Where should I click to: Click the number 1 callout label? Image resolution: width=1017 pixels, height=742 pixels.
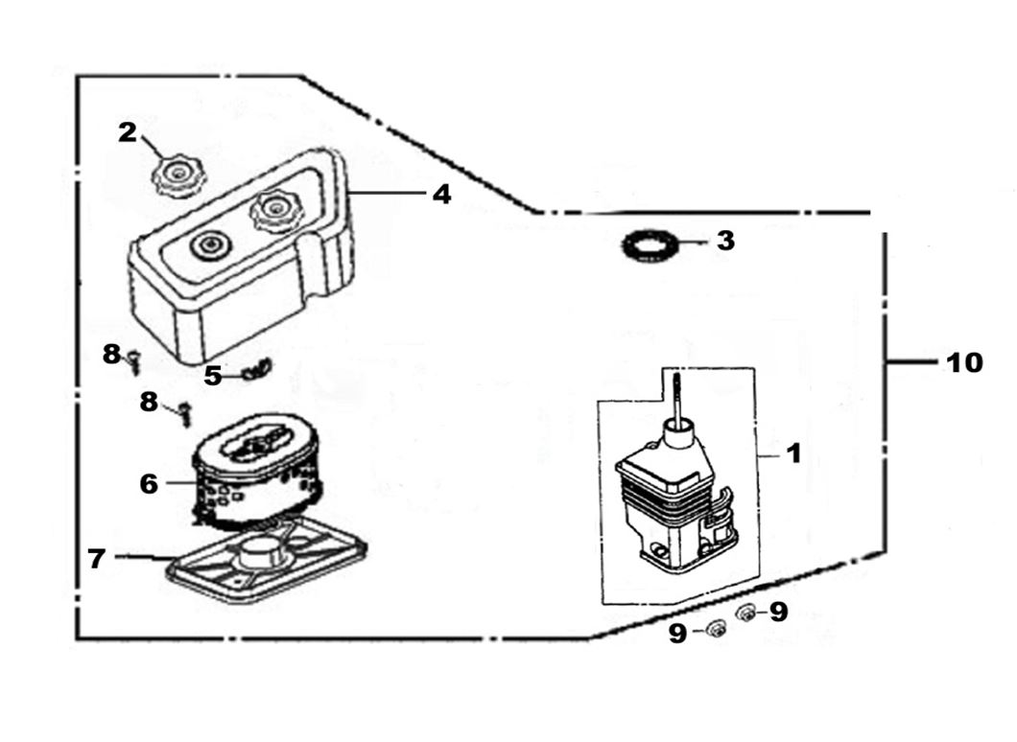coord(793,452)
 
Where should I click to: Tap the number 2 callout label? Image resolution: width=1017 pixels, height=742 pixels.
coord(128,132)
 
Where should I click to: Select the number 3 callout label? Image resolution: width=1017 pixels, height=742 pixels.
coord(725,241)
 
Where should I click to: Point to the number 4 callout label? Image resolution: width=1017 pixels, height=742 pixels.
coord(440,194)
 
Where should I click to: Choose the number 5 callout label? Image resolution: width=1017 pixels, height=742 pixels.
coord(212,376)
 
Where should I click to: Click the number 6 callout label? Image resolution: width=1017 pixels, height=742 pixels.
coord(148,484)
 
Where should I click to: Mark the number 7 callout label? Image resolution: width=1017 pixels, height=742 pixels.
coord(96,558)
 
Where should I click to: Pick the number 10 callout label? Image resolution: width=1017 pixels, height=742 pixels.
coord(964,363)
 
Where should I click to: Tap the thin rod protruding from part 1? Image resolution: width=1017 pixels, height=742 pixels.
coord(678,398)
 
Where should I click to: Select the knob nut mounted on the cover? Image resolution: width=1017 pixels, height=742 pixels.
coord(276,211)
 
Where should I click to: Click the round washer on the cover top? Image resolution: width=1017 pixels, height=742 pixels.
coord(206,245)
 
